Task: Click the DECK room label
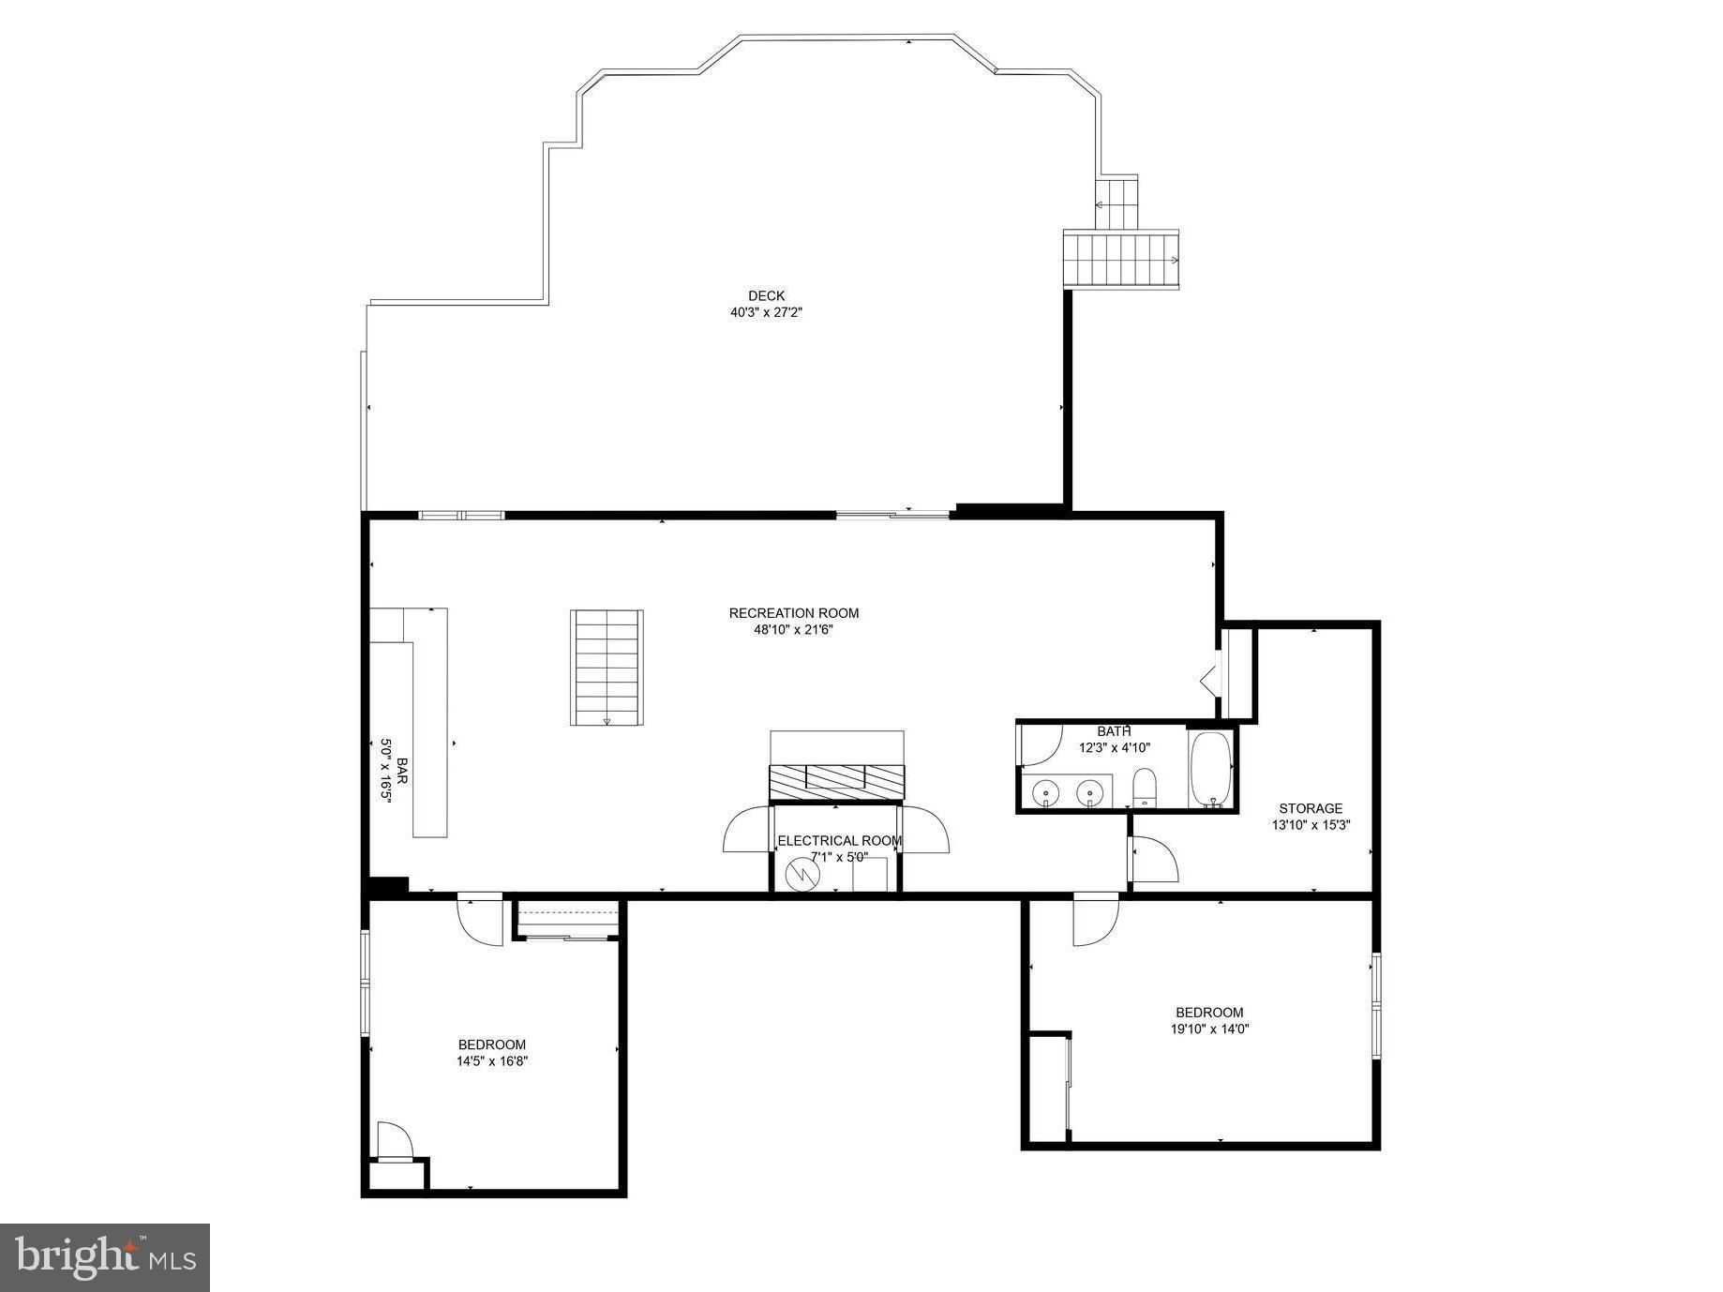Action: tap(766, 295)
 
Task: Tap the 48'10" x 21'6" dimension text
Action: tap(793, 630)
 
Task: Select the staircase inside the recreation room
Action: tap(607, 667)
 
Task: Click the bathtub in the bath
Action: tap(1210, 770)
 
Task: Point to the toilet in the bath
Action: tap(1145, 788)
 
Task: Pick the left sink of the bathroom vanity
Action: tap(1046, 793)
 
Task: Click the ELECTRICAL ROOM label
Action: tap(839, 841)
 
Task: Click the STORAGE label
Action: tap(1311, 808)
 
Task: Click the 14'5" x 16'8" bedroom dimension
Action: tap(492, 1061)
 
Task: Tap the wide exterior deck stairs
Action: tap(1120, 260)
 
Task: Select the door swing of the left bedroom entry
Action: tap(480, 922)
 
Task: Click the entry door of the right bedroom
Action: tap(1096, 922)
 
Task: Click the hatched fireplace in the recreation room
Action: tap(836, 781)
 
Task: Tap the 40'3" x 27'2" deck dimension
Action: tap(766, 312)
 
